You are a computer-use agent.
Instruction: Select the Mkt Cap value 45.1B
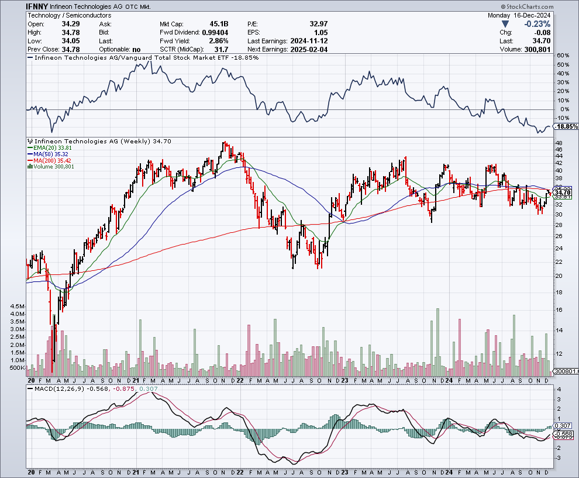pyautogui.click(x=217, y=25)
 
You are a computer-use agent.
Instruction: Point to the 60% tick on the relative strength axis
pyautogui.click(x=564, y=56)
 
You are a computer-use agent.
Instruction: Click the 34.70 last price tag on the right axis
pyautogui.click(x=563, y=192)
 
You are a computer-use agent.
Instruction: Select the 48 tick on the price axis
pyautogui.click(x=559, y=143)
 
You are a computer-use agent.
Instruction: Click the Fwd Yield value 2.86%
pyautogui.click(x=218, y=42)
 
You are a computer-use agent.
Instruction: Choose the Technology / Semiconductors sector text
pyautogui.click(x=63, y=15)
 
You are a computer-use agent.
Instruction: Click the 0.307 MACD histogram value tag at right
pyautogui.click(x=563, y=425)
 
